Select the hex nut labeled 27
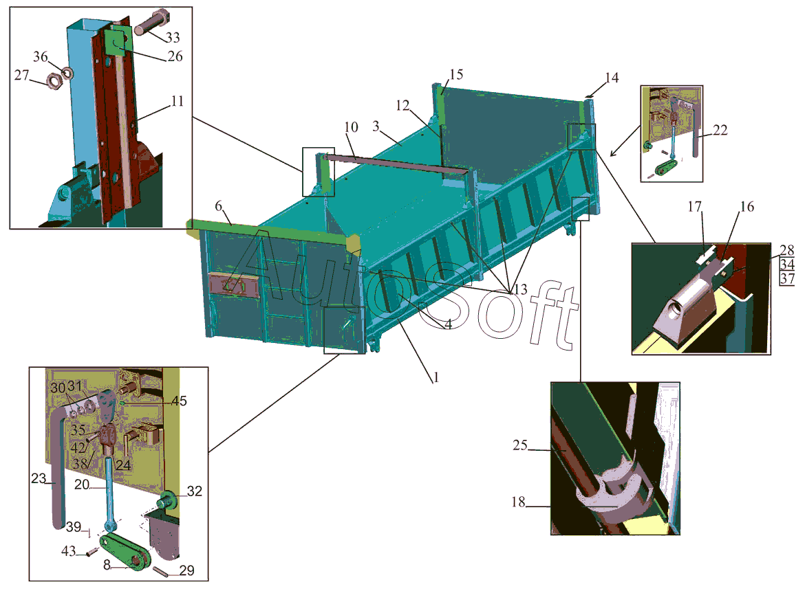tap(54, 81)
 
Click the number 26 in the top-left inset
tap(175, 57)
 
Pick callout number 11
tap(178, 101)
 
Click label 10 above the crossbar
tap(351, 127)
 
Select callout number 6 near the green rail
tap(218, 207)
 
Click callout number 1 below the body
tap(434, 377)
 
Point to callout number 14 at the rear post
tap(612, 78)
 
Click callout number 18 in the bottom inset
tap(518, 502)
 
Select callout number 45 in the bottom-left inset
tap(179, 401)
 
